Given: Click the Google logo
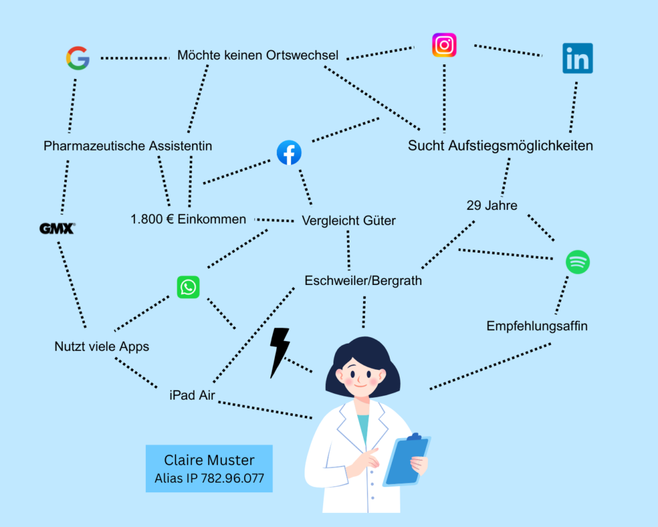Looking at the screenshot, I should coord(78,59).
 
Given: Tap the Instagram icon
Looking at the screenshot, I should coord(444,46).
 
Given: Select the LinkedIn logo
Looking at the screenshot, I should coord(577,59).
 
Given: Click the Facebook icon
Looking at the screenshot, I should coord(289,153).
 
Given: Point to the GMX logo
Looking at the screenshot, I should coord(57,228).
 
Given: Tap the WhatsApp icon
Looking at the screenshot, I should coord(188,287).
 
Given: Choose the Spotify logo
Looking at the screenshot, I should coord(577,262).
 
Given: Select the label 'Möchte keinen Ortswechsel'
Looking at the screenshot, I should coord(258,55).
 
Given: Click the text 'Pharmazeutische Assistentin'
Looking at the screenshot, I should coord(128,146).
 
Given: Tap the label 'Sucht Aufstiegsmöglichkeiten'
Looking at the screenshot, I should coord(500,146).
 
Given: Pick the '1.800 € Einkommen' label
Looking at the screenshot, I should coord(188,219).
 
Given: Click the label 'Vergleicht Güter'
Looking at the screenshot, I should coord(349,221).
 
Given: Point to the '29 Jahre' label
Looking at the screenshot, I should coord(492,206).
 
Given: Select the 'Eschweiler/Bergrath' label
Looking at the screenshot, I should coord(363,281).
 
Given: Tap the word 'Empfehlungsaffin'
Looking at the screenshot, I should coord(537,326).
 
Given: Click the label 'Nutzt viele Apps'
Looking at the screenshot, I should coord(102,347).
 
